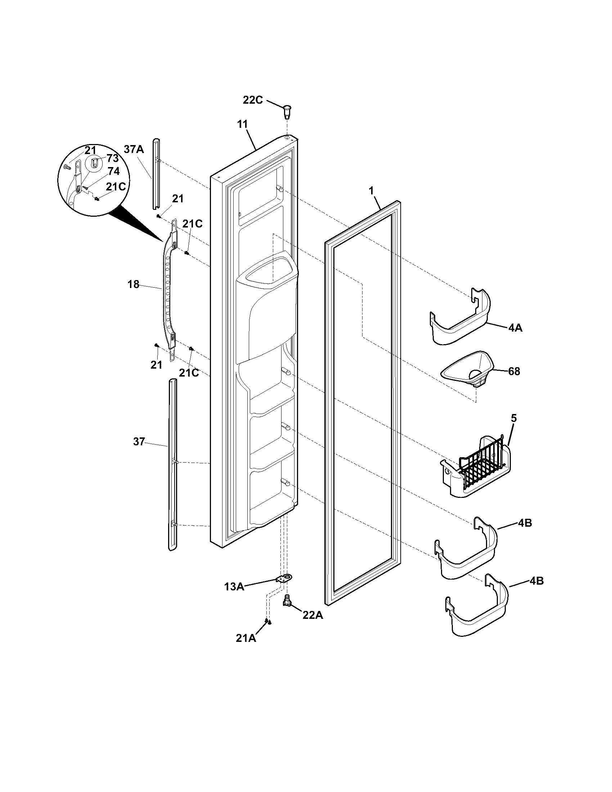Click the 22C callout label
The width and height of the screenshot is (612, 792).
click(252, 100)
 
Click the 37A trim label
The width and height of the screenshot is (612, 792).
click(134, 149)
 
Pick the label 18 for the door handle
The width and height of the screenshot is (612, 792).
click(133, 285)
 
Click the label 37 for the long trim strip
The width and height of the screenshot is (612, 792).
click(139, 442)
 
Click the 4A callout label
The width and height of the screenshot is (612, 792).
click(515, 329)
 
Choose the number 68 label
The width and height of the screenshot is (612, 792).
click(514, 372)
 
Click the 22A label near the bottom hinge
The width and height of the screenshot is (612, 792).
click(312, 615)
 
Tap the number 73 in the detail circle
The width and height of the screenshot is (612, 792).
click(113, 158)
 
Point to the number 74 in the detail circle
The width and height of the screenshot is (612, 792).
click(113, 171)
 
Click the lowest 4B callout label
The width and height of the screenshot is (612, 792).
click(536, 581)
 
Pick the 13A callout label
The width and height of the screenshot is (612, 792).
click(234, 586)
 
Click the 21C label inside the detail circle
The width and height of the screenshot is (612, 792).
click(116, 186)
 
